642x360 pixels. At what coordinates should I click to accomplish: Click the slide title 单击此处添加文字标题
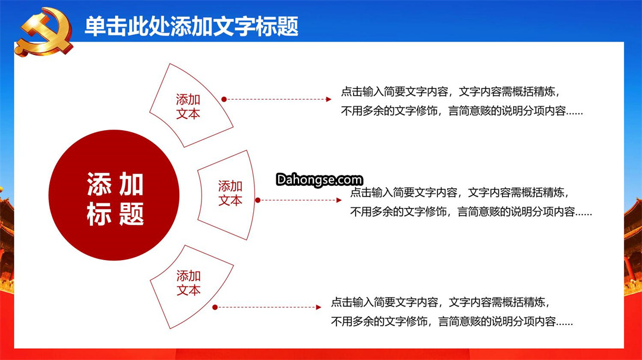click(x=191, y=27)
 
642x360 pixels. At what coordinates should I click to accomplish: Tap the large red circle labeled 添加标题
click(x=114, y=195)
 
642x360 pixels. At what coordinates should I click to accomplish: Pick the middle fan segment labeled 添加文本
click(x=227, y=195)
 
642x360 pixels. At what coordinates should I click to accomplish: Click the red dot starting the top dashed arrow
click(x=224, y=99)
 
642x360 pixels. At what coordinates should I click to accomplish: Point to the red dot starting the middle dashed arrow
click(x=258, y=200)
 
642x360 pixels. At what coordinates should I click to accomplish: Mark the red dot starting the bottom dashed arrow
click(x=215, y=307)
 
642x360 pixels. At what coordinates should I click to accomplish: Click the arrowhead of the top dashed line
click(x=329, y=99)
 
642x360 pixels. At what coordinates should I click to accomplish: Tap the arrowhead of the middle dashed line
click(x=339, y=200)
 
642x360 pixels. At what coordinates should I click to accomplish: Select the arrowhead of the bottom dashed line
click(x=319, y=307)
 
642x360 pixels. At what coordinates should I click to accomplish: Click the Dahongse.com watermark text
click(x=319, y=179)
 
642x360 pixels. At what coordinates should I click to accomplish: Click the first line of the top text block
click(x=451, y=91)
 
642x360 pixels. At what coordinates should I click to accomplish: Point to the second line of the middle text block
click(x=471, y=212)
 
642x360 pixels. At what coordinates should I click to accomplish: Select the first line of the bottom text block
click(x=440, y=302)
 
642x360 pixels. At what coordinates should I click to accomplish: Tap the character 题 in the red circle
click(x=131, y=213)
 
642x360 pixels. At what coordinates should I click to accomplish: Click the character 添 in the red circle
click(x=99, y=184)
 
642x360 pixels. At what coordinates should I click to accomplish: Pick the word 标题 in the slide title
click(x=278, y=27)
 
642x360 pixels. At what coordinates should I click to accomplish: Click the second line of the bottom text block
click(x=452, y=321)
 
